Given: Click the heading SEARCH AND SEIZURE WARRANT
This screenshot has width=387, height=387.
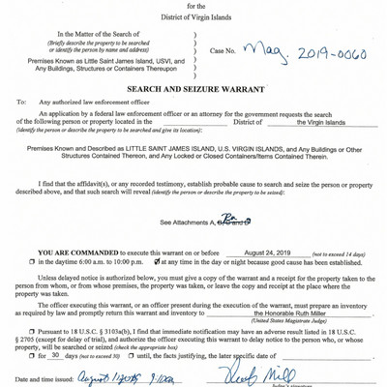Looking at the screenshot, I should tap(193, 87).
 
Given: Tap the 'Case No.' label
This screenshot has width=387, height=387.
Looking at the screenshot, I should tap(227, 51).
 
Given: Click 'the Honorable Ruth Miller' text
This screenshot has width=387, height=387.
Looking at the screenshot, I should tap(290, 313).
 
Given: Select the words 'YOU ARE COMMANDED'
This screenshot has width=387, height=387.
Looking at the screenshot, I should tap(70, 252).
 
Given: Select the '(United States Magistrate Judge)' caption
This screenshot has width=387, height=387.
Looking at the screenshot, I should tap(290, 322).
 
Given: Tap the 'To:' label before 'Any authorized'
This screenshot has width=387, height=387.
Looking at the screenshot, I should tap(21, 102).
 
